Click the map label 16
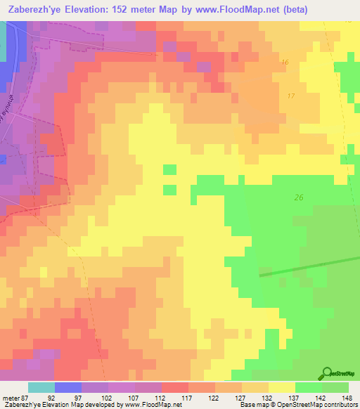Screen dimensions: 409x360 (284, 63)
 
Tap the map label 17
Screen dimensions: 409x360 (291, 96)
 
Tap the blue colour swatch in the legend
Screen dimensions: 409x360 (67, 387)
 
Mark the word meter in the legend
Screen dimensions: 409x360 (9, 397)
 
